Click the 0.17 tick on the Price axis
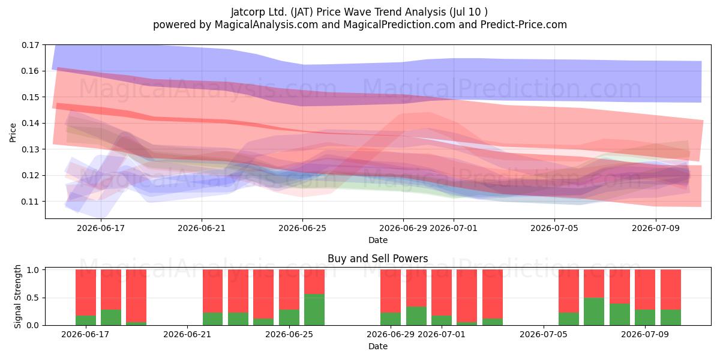31,45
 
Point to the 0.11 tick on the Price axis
31,202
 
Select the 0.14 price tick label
31,123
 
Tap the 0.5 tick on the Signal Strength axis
32,298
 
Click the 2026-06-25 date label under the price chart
302,228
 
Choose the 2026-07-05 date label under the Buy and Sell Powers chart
543,334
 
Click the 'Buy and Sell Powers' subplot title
377,259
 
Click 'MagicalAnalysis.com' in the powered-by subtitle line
266,25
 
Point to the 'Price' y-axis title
13,133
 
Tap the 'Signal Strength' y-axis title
17,296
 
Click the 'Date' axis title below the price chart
378,240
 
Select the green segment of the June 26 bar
314,310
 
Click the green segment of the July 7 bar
594,311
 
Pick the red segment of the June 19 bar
136,296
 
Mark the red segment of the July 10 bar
671,290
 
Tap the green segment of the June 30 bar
416,316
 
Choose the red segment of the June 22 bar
212,291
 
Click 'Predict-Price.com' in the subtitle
524,25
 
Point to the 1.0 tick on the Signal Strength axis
32,269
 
